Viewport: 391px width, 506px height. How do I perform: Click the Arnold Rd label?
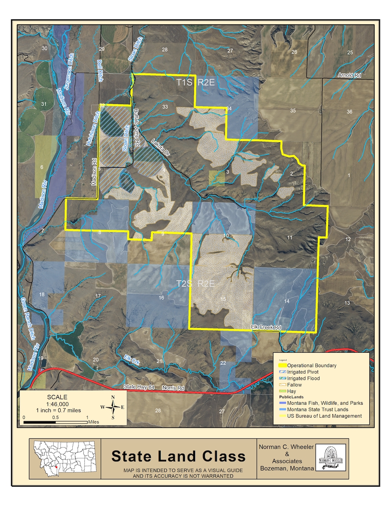click(349, 75)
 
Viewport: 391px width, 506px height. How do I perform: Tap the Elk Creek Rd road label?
click(265, 327)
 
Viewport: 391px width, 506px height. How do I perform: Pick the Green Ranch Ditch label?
click(28, 319)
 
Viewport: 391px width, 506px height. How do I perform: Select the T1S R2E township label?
click(195, 82)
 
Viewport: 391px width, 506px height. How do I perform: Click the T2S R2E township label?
click(195, 284)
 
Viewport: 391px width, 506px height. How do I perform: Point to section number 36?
click(349, 111)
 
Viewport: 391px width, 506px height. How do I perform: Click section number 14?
click(287, 301)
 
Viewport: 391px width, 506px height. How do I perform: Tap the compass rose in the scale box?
click(113, 407)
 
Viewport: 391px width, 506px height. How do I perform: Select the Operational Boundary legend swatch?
click(282, 366)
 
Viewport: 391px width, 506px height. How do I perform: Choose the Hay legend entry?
click(292, 391)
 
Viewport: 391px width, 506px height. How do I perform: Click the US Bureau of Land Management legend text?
click(324, 416)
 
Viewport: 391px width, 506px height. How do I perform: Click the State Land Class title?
click(178, 456)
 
